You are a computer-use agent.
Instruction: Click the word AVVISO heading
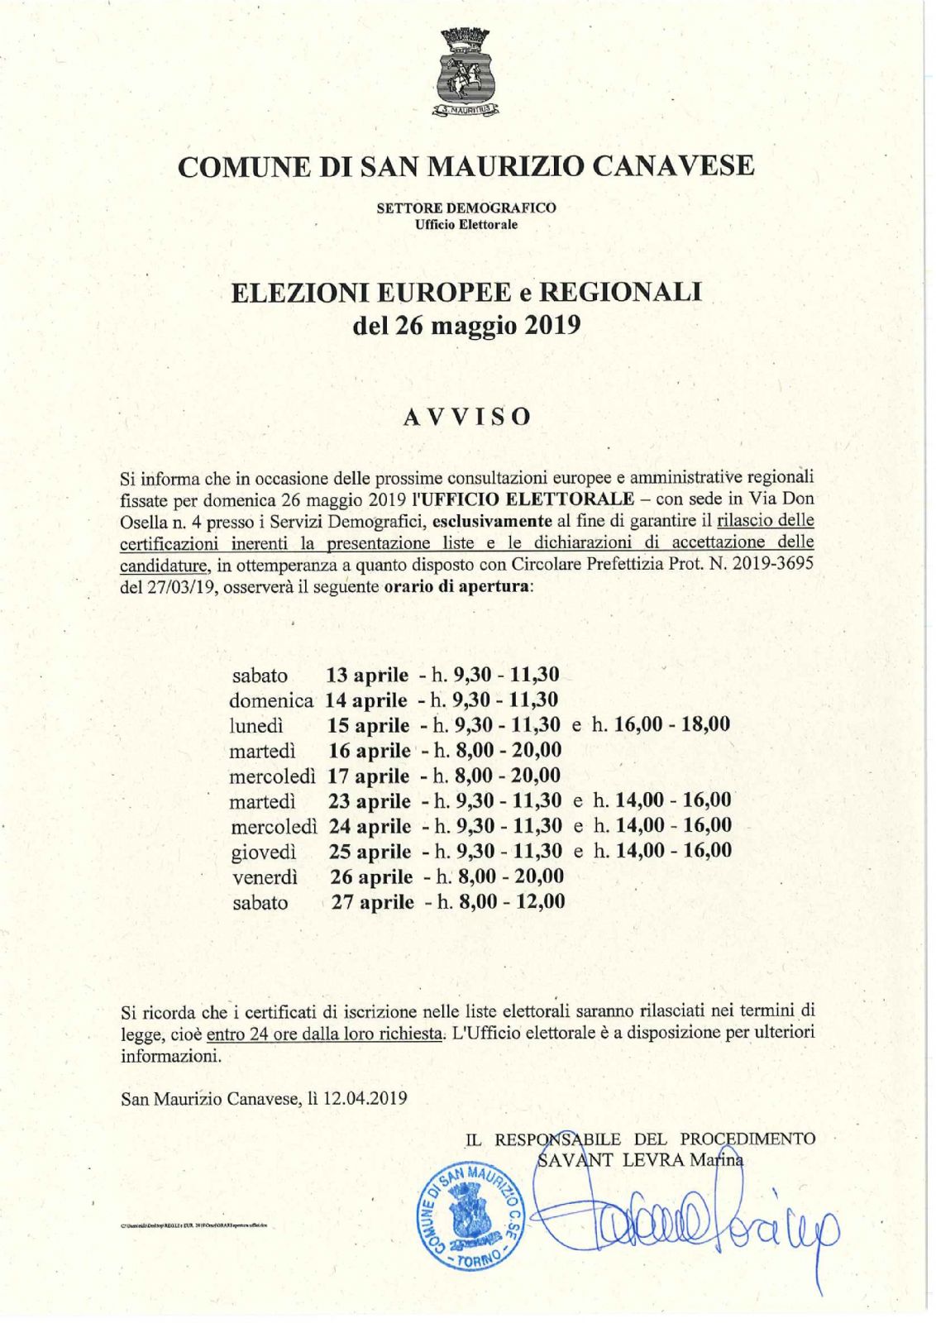467,416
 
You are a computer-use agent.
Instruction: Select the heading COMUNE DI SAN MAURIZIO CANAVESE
466,166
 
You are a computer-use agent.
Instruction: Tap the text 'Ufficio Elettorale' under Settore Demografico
466,225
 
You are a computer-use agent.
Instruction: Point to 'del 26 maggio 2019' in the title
466,325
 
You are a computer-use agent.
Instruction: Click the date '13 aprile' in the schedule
367,675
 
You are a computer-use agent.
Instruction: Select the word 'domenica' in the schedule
270,700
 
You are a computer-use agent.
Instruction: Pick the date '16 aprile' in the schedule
369,751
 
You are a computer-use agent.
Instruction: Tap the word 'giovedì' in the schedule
264,852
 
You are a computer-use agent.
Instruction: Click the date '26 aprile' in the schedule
371,876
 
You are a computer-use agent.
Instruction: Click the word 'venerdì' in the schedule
265,877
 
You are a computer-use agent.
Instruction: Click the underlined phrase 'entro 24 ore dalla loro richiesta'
325,1033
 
